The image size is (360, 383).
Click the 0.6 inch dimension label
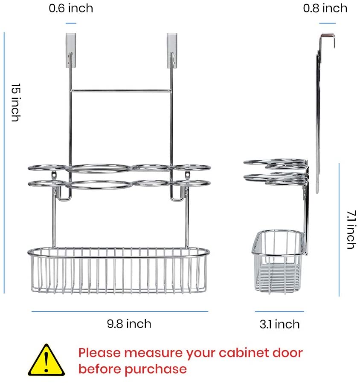click(x=71, y=8)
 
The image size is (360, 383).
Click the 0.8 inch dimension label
click(x=325, y=8)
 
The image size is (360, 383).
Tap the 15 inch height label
click(x=16, y=102)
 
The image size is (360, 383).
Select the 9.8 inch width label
click(x=129, y=324)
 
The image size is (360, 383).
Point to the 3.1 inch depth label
click(x=279, y=324)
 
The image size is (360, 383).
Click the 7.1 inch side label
click(x=352, y=230)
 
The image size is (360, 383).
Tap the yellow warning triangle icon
click(x=46, y=360)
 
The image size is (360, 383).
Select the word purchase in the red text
click(x=156, y=369)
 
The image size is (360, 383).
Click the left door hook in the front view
click(x=71, y=51)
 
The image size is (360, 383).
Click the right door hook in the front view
click(x=172, y=51)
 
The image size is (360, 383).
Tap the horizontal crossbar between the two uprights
click(x=121, y=91)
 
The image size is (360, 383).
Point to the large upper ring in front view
click(x=99, y=165)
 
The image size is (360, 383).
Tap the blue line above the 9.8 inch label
click(x=120, y=311)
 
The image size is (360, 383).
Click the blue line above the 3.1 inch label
click(x=279, y=311)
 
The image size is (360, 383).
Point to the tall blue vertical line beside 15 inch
click(x=4, y=163)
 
